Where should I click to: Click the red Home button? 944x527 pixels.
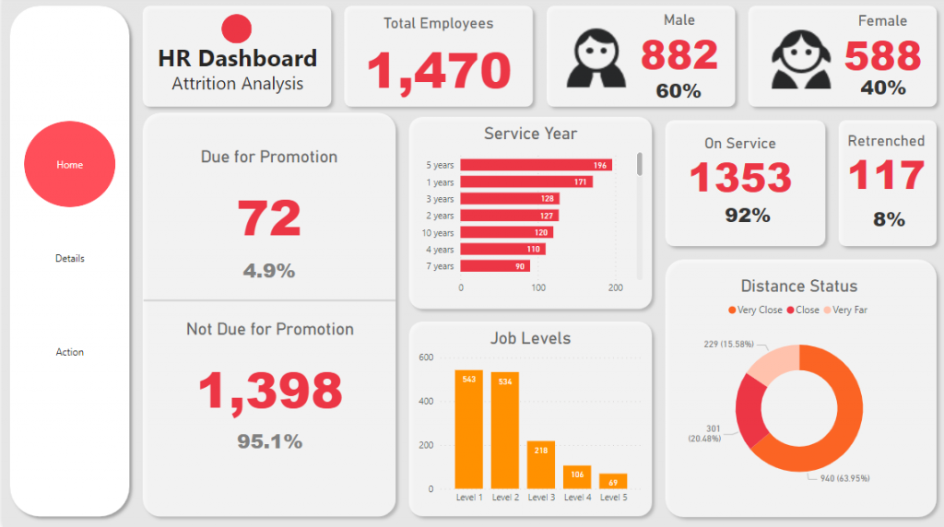point(70,165)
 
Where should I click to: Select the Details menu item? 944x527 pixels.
point(70,259)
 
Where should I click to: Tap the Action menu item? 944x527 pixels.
point(70,352)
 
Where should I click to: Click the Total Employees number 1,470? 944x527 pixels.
point(439,71)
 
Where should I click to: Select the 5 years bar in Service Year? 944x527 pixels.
point(536,165)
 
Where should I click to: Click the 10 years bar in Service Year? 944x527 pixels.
point(506,233)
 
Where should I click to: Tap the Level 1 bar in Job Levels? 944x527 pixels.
point(468,429)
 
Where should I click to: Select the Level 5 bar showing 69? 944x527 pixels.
point(613,481)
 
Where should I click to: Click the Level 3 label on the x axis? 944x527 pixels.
point(541,498)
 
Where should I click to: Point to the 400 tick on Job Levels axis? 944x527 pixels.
point(426,402)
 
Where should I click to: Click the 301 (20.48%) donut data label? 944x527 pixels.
point(706,432)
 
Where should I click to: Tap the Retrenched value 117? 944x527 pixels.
point(886,175)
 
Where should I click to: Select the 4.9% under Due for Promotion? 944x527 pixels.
point(269,271)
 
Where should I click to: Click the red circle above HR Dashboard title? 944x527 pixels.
point(237,29)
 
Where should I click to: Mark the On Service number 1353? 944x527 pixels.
point(740,178)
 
